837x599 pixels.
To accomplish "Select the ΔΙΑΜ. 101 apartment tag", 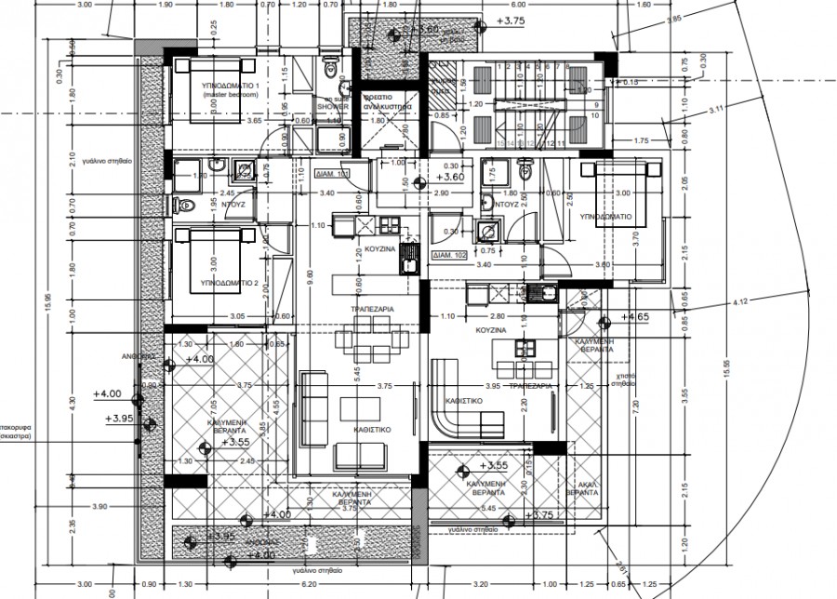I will pyautogui.click(x=332, y=174).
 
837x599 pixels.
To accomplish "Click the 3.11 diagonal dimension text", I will pyautogui.click(x=716, y=111).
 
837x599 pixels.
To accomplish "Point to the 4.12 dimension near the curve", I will pyautogui.click(x=739, y=301).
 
